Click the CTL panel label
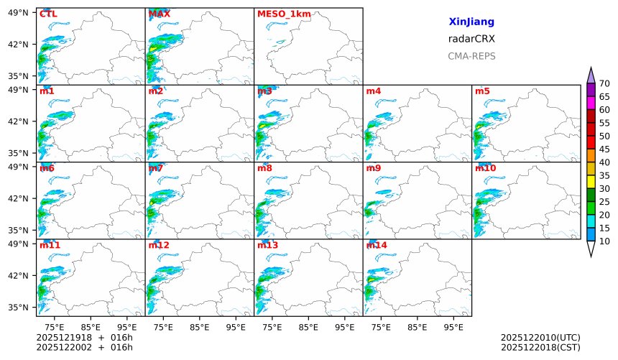tap(48, 14)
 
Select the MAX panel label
tap(159, 14)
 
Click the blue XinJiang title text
tap(471, 22)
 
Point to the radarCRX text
tap(471, 39)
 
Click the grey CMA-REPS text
tap(471, 56)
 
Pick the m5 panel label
tap(482, 91)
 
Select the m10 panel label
tap(485, 168)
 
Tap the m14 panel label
tap(377, 245)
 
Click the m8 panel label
tap(264, 168)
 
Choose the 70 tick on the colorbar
tap(604, 83)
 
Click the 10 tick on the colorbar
tap(604, 241)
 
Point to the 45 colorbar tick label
tap(604, 149)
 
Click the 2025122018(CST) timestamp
tap(540, 348)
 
